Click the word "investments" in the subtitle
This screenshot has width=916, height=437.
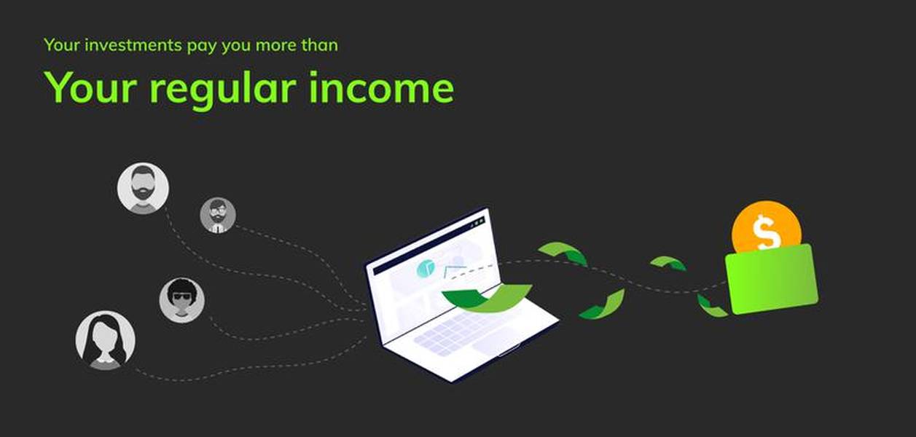pos(133,44)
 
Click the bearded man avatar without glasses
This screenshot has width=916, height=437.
pos(143,188)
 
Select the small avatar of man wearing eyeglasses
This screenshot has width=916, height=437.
pos(218,216)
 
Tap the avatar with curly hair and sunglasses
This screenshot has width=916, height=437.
pos(182,301)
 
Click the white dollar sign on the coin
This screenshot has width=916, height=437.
pos(766,233)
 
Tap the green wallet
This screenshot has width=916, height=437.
pos(772,279)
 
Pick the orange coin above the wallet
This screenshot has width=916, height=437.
pos(767,228)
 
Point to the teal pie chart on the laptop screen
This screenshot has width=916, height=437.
pos(426,269)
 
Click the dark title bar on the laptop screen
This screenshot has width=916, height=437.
pos(429,245)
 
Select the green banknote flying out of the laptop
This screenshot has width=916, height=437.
pos(487,299)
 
